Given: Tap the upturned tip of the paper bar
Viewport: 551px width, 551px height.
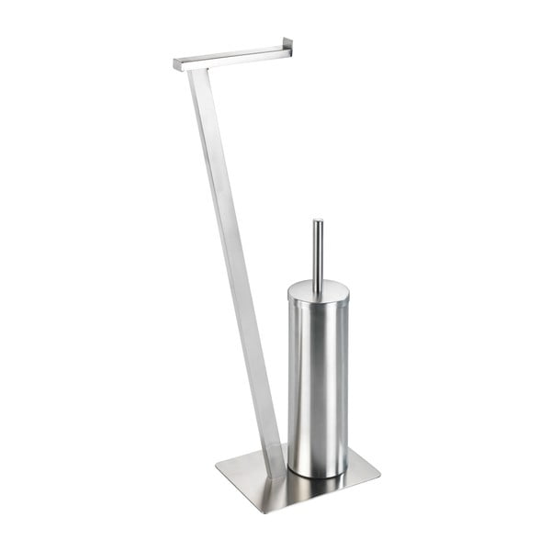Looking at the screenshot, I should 288,42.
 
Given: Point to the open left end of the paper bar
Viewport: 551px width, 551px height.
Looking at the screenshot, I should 177,64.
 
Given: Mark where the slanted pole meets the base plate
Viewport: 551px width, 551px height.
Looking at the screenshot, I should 274,470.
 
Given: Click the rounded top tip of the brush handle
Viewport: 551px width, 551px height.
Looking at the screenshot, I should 317,221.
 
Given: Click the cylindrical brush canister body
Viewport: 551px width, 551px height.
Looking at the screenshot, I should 317,386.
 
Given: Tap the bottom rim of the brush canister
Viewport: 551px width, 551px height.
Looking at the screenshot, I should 318,475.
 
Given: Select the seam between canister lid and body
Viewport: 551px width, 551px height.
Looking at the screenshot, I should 317,304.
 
